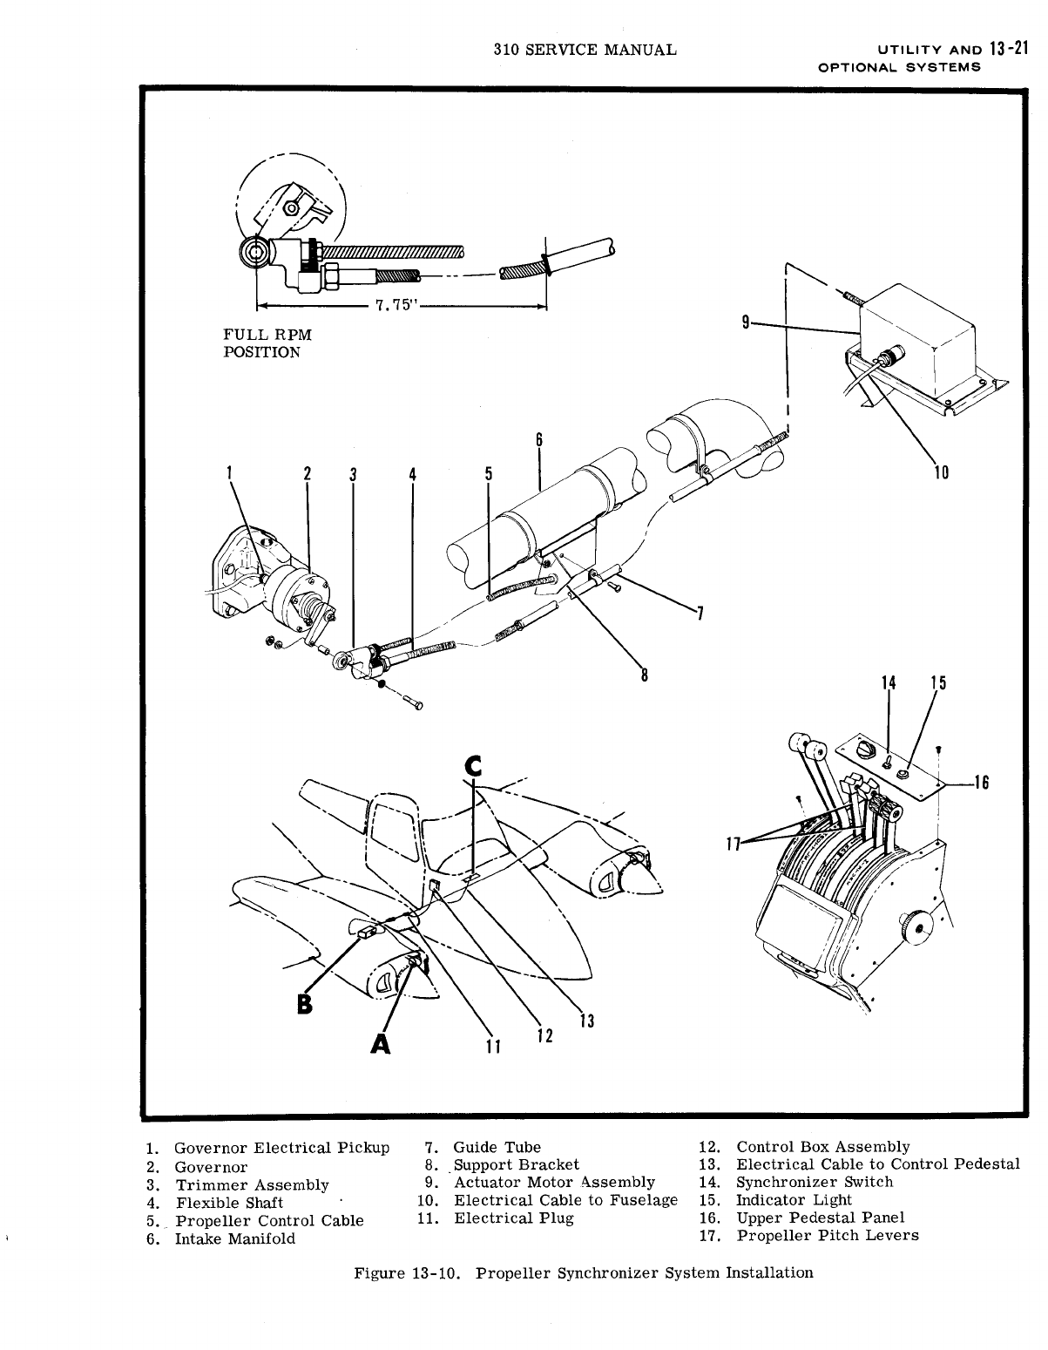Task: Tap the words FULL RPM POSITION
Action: pos(267,343)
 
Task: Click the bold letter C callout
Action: pos(473,765)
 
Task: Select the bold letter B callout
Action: pos(303,1003)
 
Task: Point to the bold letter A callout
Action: pos(380,1041)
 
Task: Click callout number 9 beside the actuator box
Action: pos(746,323)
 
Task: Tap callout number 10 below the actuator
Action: pos(940,473)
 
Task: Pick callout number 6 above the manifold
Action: pos(539,440)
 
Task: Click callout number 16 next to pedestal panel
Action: pos(981,782)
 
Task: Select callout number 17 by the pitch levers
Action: pos(734,842)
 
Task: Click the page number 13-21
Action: pos(1005,49)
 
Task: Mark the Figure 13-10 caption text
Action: pos(582,1272)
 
